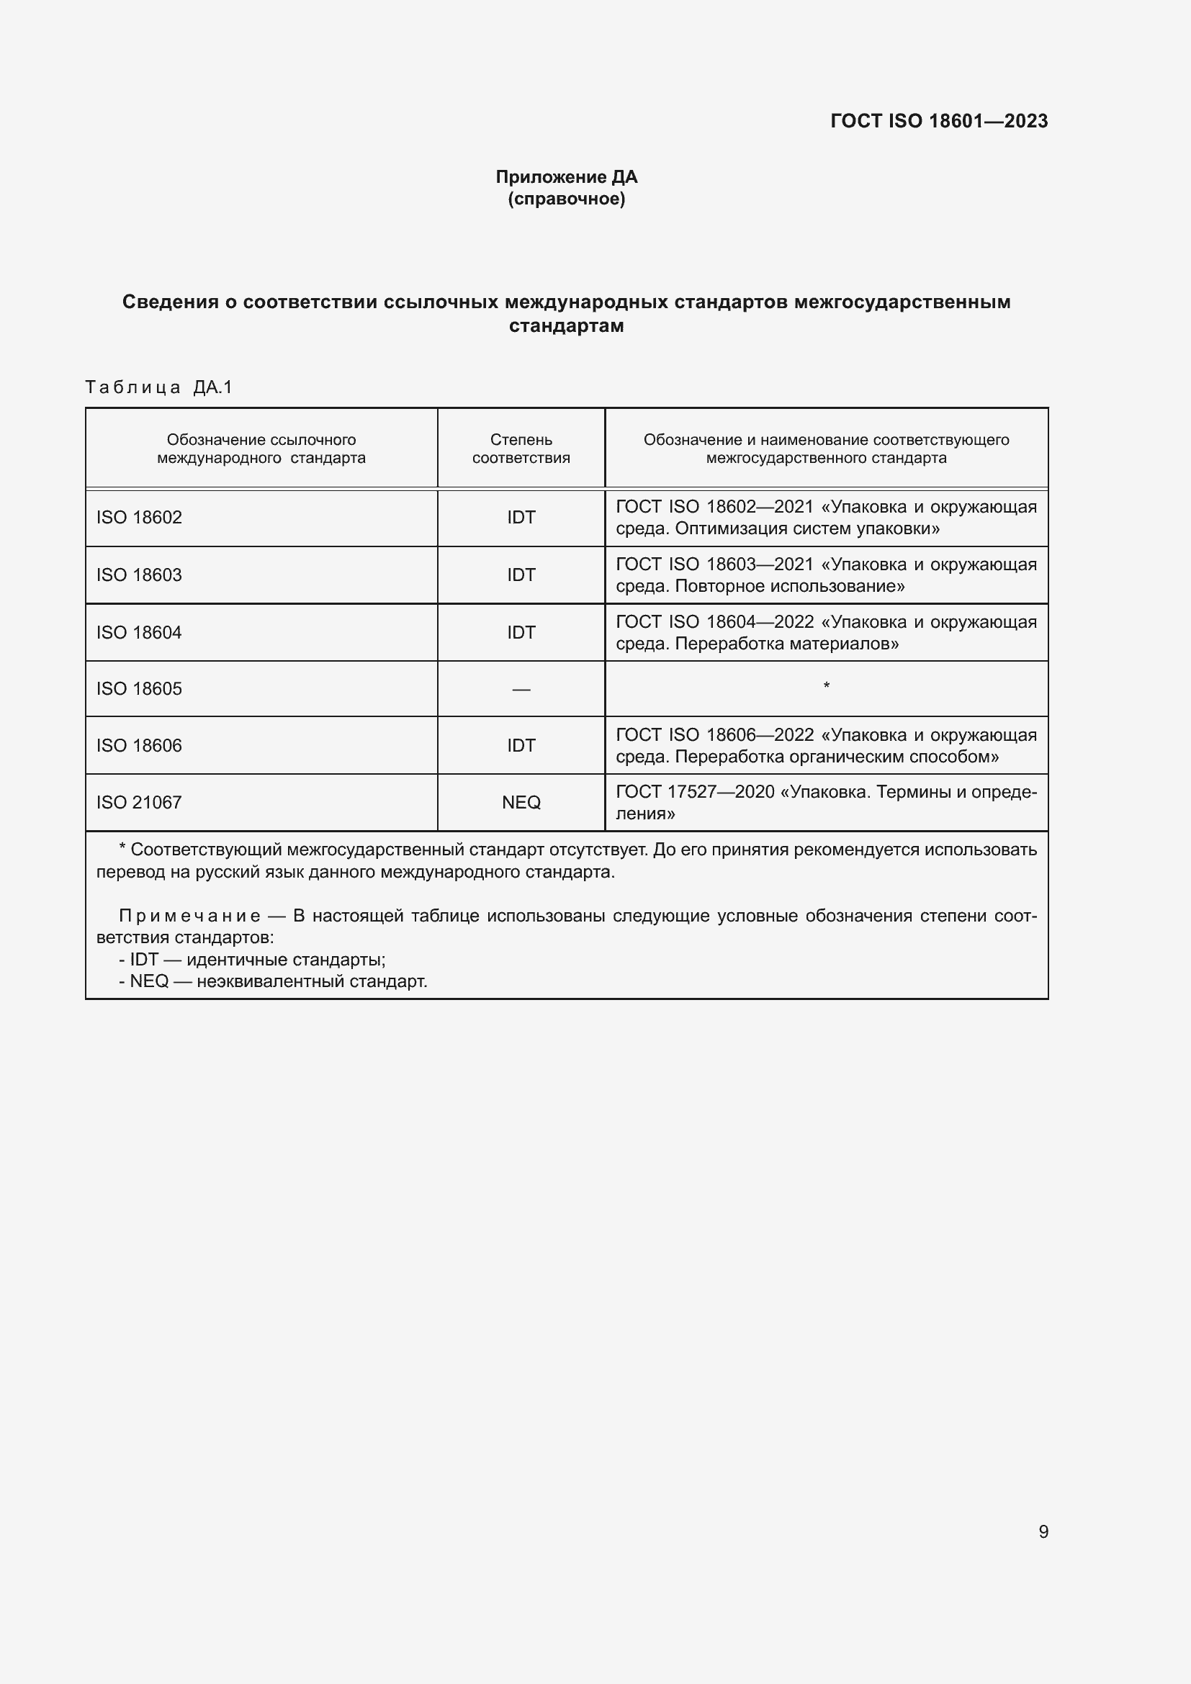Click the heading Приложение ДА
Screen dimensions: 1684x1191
pos(566,177)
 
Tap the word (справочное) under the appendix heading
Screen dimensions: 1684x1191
pos(566,199)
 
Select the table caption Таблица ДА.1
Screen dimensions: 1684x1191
pos(158,387)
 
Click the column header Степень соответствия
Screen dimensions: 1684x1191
pos(521,448)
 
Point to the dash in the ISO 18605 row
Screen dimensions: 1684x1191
pos(521,690)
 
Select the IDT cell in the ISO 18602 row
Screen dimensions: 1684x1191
pos(521,517)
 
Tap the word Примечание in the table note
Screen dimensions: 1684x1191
pos(189,915)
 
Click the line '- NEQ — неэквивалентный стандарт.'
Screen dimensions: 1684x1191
pos(273,981)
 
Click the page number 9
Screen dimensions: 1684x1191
pos(1043,1531)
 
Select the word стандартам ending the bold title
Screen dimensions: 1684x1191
pos(566,325)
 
